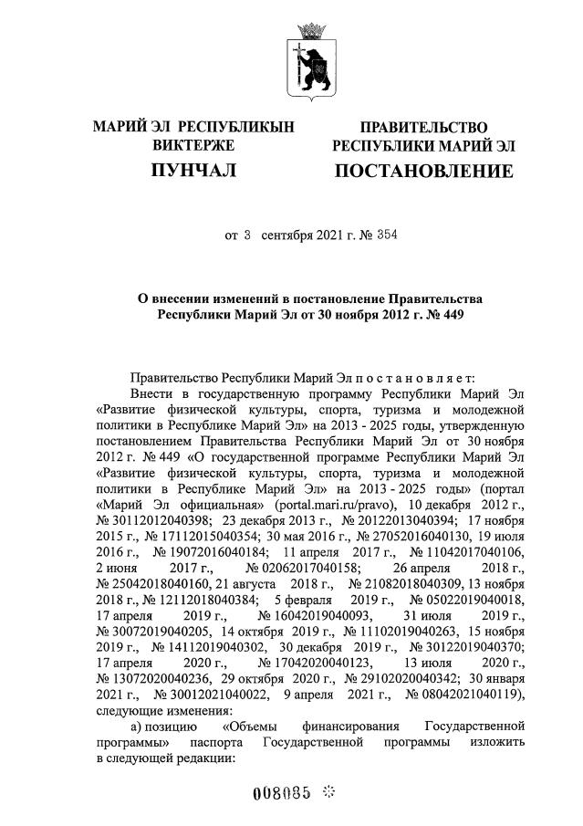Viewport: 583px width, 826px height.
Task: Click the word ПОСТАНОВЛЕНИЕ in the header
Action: click(423, 171)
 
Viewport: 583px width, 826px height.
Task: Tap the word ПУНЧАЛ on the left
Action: click(193, 170)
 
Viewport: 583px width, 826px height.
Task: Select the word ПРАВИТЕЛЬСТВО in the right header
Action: click(423, 127)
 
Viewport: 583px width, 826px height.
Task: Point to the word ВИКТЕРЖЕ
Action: click(193, 145)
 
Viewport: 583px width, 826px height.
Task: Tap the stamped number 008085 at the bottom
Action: click(282, 792)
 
